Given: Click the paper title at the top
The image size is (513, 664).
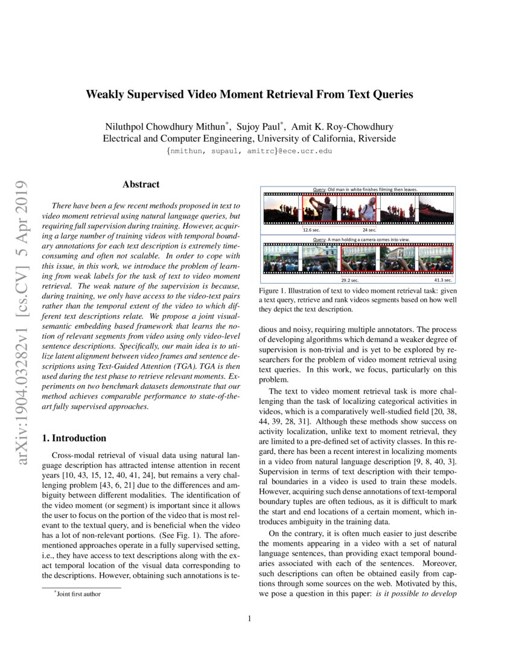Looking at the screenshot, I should tap(249, 94).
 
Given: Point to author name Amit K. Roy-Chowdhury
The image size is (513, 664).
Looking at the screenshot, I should tap(342, 127).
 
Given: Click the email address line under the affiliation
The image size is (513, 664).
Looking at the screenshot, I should tap(249, 151).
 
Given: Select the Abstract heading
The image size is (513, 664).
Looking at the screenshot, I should tap(141, 184).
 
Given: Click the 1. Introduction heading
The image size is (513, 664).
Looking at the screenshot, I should tap(77, 438).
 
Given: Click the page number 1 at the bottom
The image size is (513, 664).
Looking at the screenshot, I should tap(249, 618).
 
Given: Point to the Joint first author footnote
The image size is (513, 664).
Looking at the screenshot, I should tap(78, 594).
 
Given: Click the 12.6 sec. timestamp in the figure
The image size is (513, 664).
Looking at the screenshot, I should tap(311, 230).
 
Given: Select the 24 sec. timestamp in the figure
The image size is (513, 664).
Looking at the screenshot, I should tap(369, 230).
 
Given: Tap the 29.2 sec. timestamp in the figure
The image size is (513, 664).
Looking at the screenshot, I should tap(350, 280).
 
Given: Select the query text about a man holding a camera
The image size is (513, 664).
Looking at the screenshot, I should tap(361, 240).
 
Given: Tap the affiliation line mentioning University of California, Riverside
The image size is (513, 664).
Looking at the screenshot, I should tap(249, 138).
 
